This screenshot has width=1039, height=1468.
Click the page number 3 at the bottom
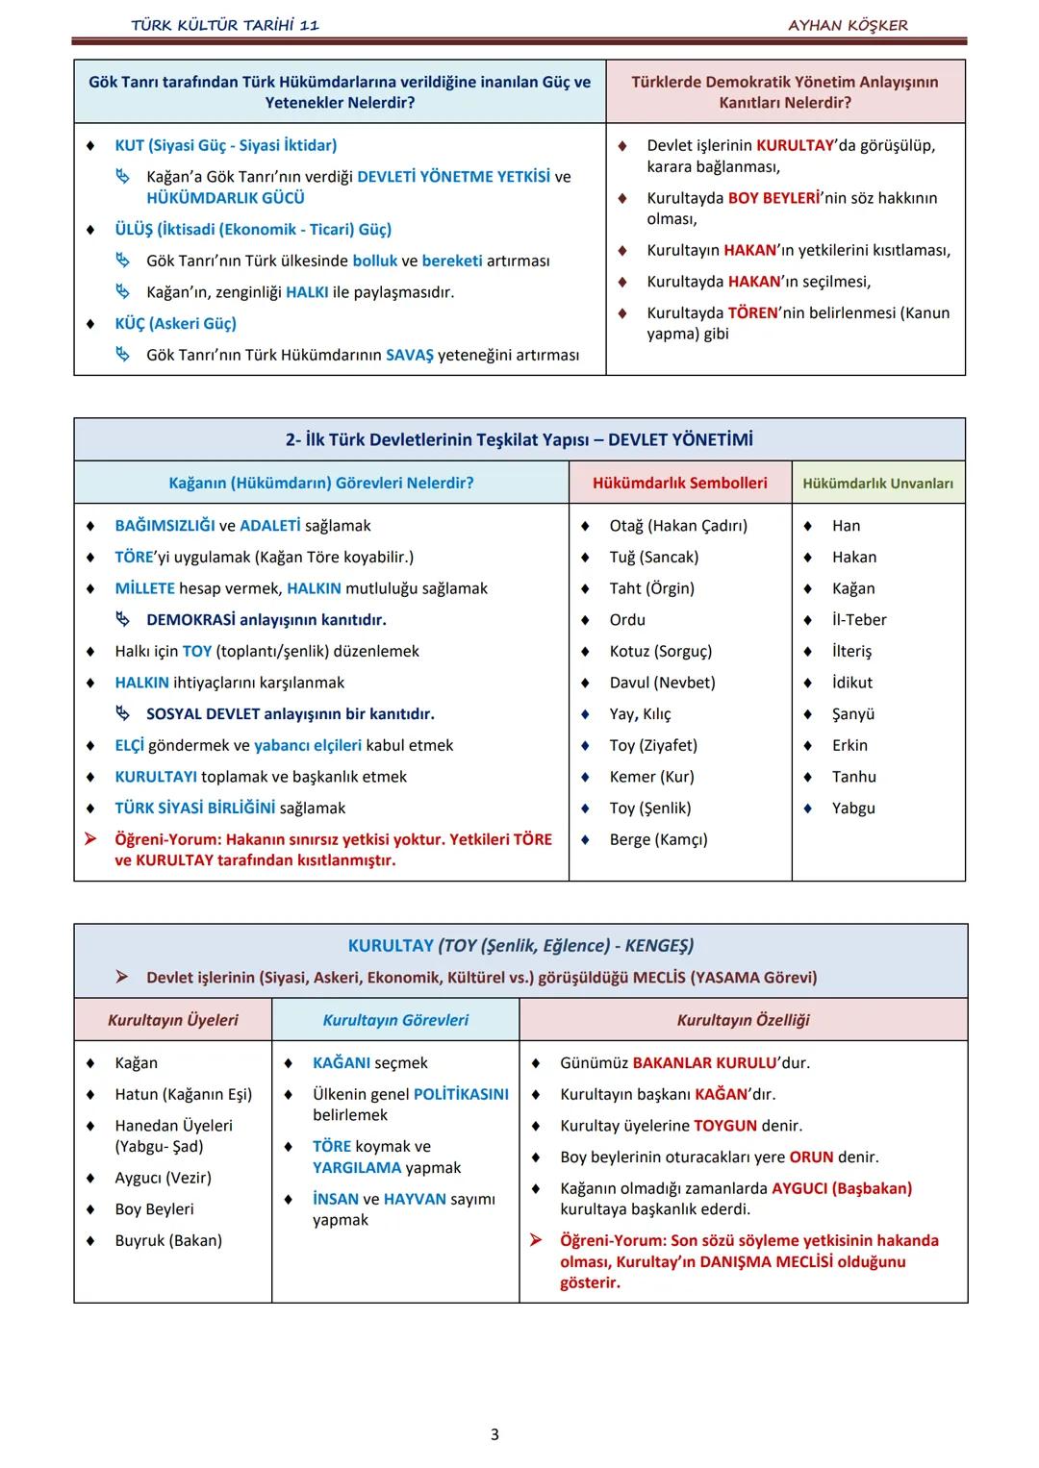(x=494, y=1434)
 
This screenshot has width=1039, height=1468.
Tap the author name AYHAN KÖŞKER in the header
(x=848, y=25)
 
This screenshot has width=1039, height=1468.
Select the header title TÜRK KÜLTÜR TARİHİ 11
(x=225, y=25)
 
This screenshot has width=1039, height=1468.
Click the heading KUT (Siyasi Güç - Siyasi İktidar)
(x=225, y=145)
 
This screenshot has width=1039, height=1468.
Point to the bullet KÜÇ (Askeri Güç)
(x=175, y=323)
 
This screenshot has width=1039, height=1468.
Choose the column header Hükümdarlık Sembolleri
(x=679, y=483)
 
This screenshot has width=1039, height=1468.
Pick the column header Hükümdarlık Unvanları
(x=877, y=484)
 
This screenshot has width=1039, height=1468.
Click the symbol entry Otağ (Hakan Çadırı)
(x=677, y=525)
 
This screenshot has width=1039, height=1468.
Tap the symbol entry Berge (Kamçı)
(x=658, y=839)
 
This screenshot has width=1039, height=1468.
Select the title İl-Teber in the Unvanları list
(x=859, y=620)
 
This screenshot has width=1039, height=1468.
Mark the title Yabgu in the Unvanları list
(x=853, y=808)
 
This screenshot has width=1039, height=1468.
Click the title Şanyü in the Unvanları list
(x=853, y=714)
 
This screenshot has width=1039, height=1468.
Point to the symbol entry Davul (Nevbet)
(x=662, y=683)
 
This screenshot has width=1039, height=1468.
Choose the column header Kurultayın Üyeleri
(x=173, y=1020)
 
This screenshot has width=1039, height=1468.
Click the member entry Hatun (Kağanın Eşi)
(x=183, y=1094)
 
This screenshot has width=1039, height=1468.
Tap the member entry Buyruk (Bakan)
(x=168, y=1240)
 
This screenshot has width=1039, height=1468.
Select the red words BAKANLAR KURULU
(x=705, y=1062)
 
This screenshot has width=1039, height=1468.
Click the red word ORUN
(x=811, y=1157)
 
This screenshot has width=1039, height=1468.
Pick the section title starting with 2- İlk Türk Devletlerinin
(x=519, y=439)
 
